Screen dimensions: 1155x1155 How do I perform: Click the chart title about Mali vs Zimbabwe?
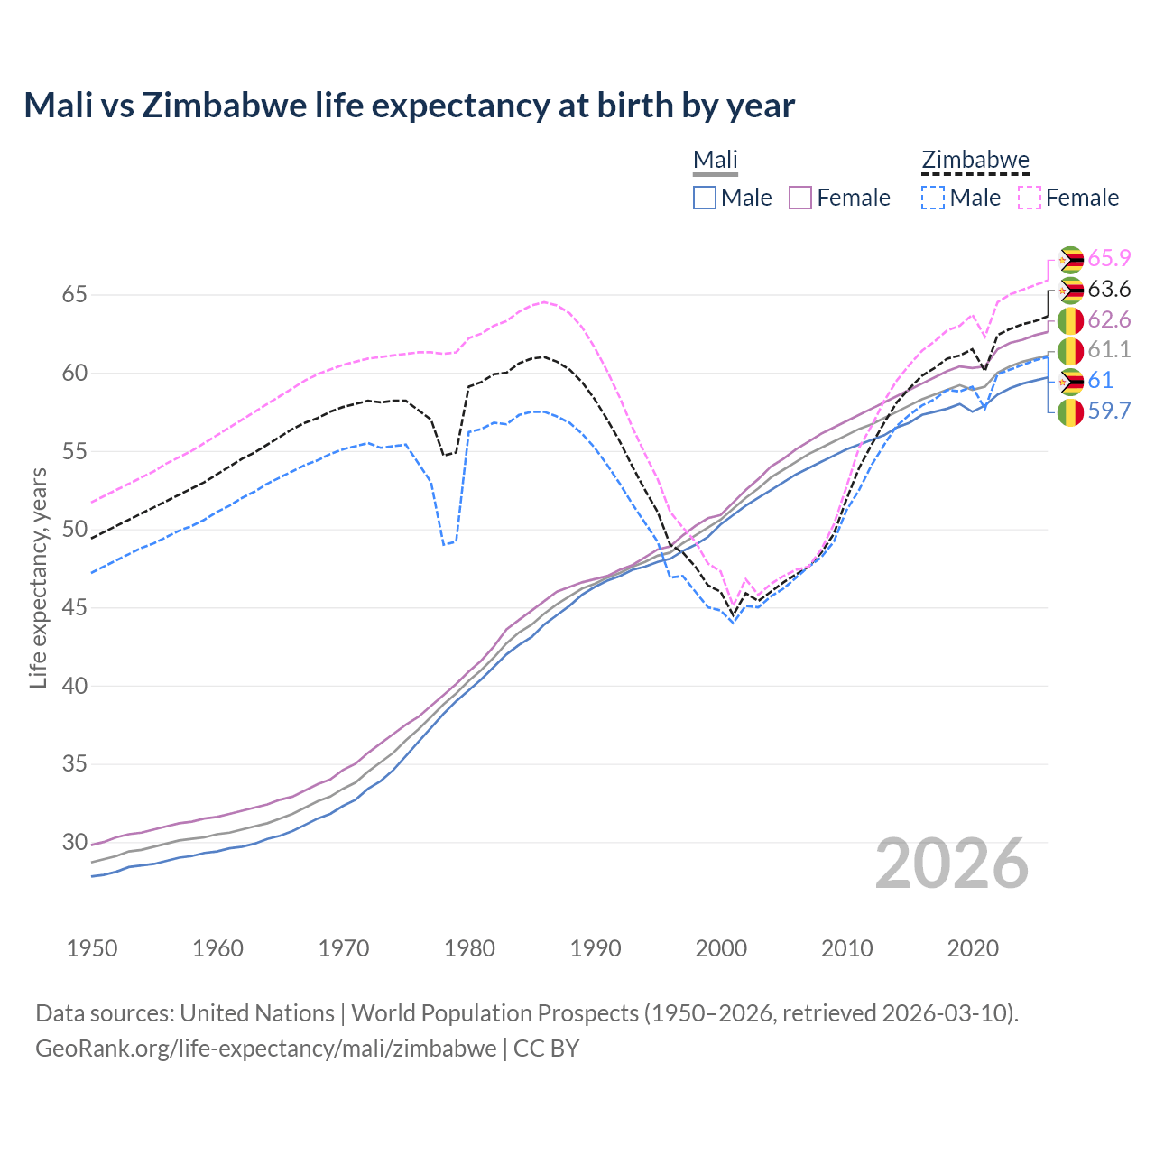point(409,106)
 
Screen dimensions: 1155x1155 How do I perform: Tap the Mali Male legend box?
point(705,198)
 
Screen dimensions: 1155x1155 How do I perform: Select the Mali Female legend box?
point(801,198)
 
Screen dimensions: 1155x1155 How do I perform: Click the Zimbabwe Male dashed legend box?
point(933,198)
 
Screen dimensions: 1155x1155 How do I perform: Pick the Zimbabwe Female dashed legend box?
point(1030,198)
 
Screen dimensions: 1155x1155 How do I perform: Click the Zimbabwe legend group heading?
point(975,161)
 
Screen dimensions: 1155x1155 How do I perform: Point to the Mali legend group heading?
point(716,161)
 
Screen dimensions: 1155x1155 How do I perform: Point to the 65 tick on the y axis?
point(49,295)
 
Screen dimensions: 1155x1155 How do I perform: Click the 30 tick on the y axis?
point(49,843)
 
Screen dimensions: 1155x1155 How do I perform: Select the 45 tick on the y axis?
point(49,608)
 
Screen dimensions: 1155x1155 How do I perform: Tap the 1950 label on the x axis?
point(92,948)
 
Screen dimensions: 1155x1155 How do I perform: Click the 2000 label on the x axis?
point(721,948)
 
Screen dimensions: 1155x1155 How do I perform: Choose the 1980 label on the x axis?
point(469,948)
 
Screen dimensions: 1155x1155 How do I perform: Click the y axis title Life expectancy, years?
point(38,577)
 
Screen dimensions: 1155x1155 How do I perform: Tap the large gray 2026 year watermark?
point(952,864)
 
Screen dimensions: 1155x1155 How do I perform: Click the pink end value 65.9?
point(1109,258)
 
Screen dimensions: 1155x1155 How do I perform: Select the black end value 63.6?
point(1109,290)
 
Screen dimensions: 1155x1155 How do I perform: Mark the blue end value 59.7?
point(1109,411)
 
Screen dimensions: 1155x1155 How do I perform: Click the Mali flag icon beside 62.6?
point(1070,320)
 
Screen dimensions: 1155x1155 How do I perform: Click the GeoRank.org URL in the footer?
point(266,1049)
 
